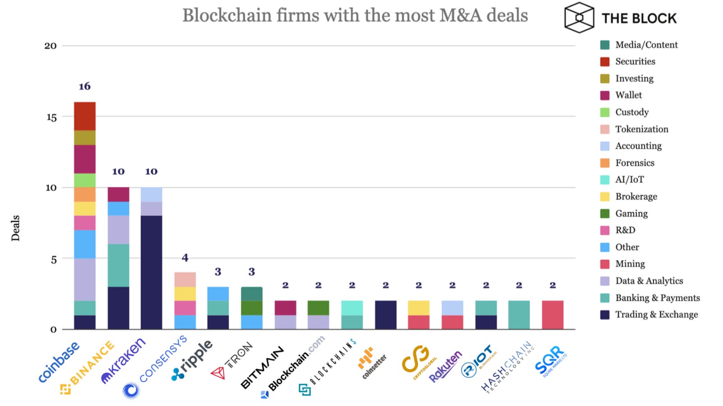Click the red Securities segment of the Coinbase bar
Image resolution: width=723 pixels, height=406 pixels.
[x=85, y=116]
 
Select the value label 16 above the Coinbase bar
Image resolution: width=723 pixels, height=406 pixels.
[x=85, y=86]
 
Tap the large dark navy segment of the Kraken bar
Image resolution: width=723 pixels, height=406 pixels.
[x=151, y=272]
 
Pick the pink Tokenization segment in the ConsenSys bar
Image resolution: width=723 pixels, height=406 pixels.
[x=185, y=280]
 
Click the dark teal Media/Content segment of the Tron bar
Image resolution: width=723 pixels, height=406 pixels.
[x=252, y=294]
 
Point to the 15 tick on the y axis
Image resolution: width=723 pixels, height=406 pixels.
[x=51, y=117]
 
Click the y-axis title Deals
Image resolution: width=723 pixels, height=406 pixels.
[x=16, y=228]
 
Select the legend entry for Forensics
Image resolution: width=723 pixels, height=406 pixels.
[x=634, y=163]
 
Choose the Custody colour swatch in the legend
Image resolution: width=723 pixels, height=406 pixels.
[x=605, y=112]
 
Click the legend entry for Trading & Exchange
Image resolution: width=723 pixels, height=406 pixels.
[x=656, y=315]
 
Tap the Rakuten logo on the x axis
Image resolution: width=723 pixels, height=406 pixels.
[x=445, y=366]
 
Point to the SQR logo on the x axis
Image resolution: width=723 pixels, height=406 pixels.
[x=550, y=361]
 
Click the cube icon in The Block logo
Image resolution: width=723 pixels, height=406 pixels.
[x=579, y=18]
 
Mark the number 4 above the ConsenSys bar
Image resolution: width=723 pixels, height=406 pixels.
[x=185, y=258]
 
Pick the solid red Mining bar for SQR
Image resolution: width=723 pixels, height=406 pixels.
[x=553, y=315]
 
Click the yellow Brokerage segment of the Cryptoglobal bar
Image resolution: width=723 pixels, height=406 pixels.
[x=418, y=308]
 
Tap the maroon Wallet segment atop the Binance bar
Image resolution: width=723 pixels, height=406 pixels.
[x=118, y=194]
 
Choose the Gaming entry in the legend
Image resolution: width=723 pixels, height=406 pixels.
[x=631, y=214]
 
